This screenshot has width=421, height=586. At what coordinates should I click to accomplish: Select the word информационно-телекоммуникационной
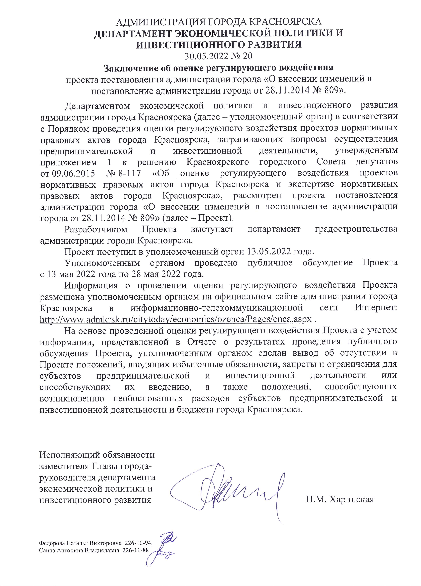point(217,308)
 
